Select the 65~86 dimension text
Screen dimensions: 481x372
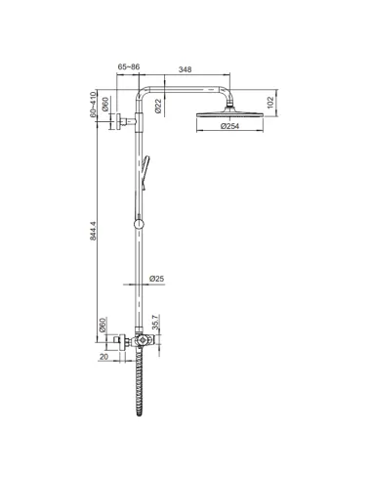tap(129, 68)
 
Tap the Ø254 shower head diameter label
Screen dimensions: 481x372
tap(230, 126)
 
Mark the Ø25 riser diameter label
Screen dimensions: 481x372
tap(156, 281)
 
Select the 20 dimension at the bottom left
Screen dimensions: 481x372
tap(103, 357)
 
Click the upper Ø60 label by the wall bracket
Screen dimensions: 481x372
tap(105, 105)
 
